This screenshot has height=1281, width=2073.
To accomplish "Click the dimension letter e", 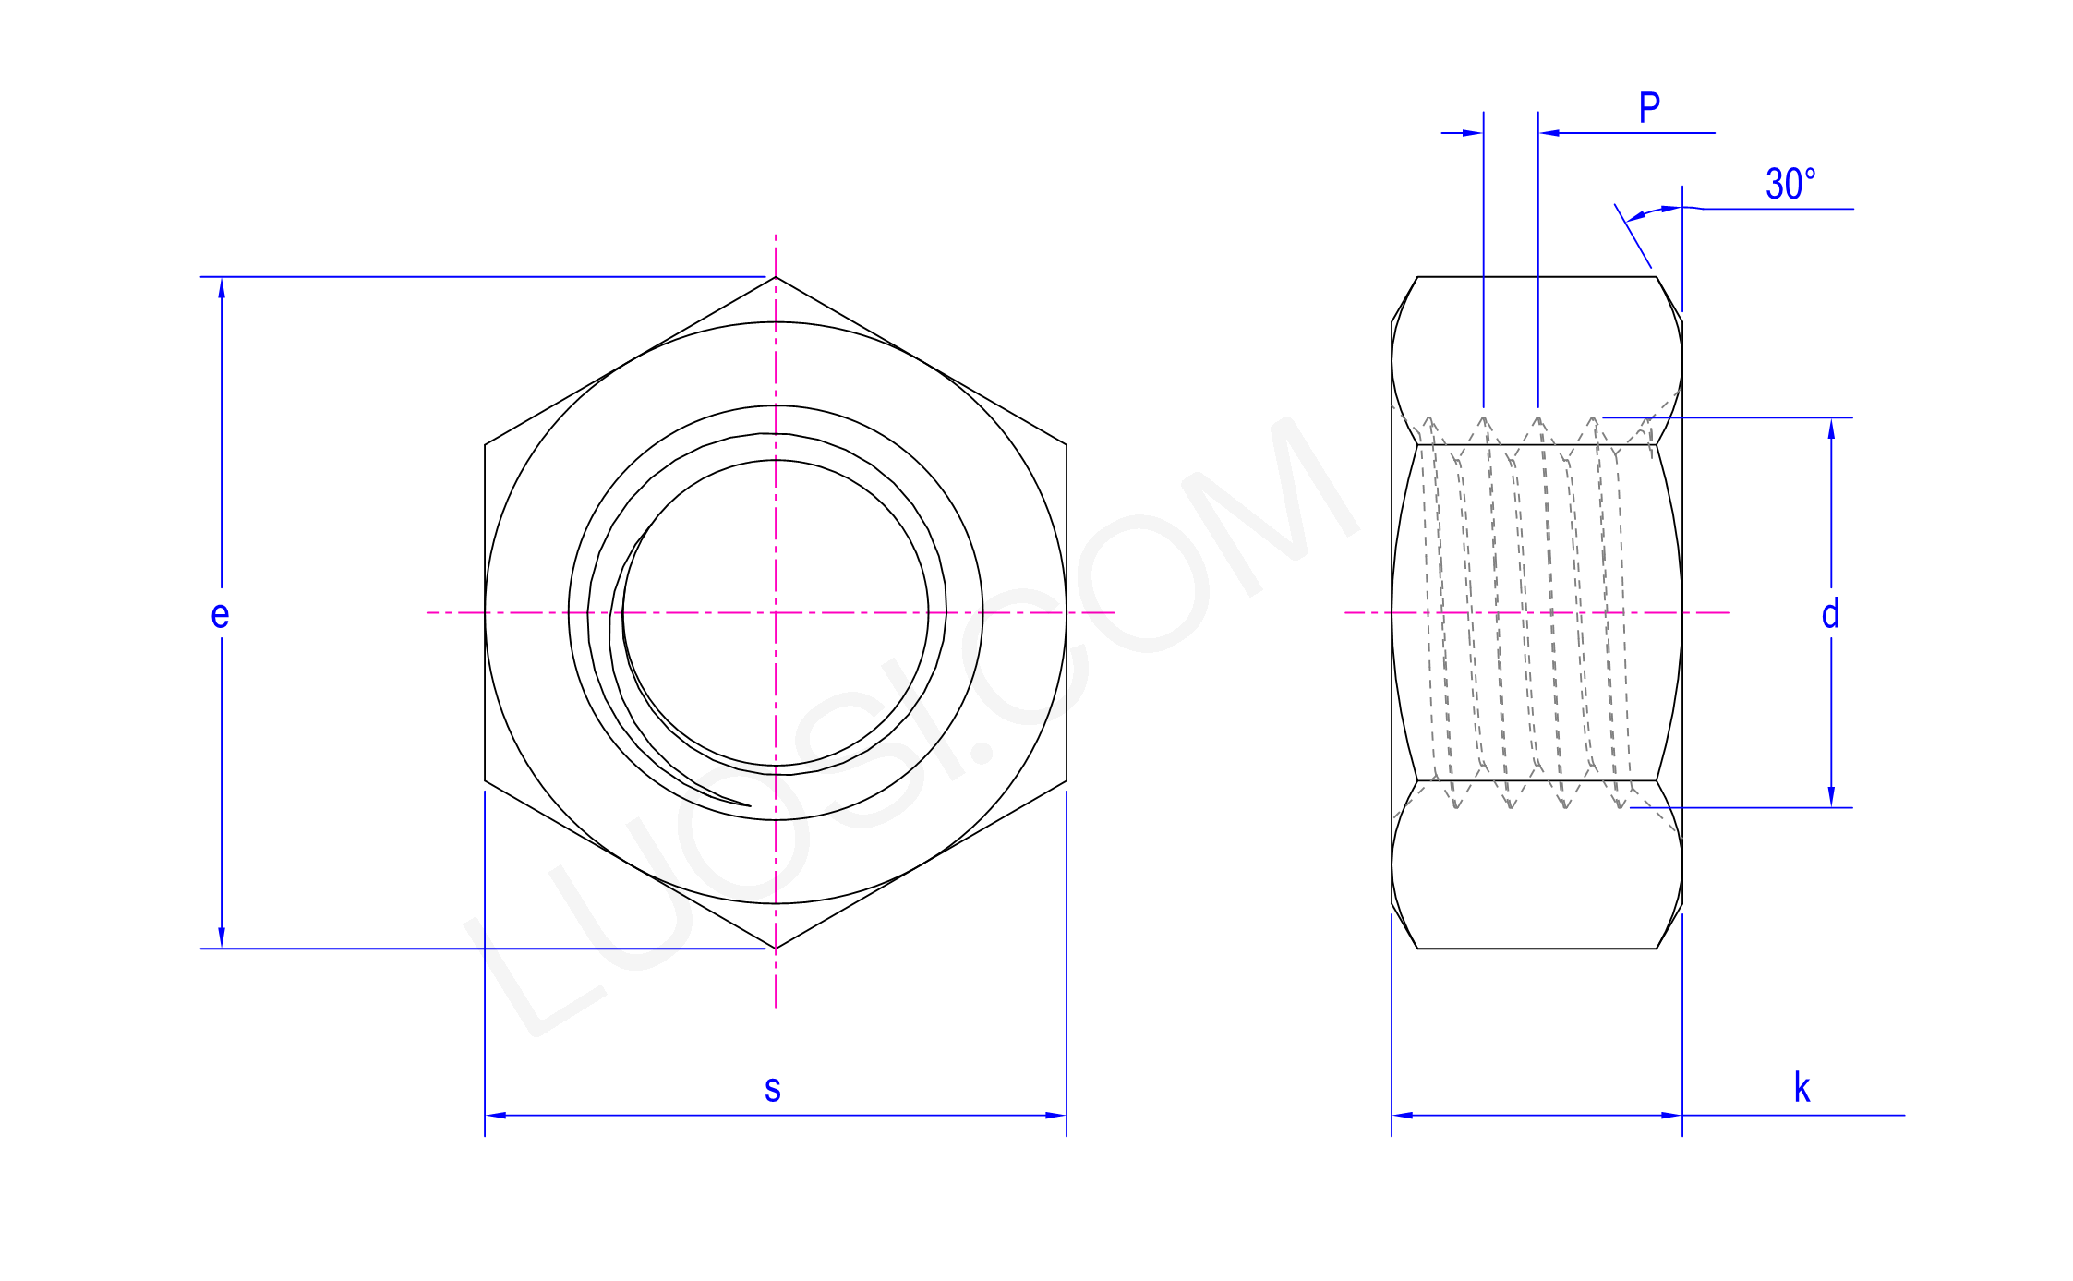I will coord(220,615).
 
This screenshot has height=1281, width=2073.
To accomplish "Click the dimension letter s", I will coord(773,1089).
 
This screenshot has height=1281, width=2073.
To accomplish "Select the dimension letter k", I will coord(1802,1088).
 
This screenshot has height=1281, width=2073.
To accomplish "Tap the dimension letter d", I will coord(1830,614).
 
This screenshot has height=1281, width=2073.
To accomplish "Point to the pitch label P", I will coord(1649,108).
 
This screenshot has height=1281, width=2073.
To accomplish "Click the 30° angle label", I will coord(1790,184).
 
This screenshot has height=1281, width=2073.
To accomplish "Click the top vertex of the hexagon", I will coord(776,277).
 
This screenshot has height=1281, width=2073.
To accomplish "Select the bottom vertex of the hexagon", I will coord(776,949).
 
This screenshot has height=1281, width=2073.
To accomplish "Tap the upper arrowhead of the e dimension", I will coord(222,287).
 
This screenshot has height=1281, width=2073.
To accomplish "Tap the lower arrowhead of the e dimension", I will coord(222,938).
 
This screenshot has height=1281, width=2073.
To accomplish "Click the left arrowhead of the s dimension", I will coord(495,1116).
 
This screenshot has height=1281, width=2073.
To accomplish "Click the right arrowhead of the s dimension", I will coord(1056,1116).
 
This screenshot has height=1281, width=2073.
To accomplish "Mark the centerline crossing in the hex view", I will coord(776,612).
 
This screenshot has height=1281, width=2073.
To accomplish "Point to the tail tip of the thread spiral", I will coord(750,805).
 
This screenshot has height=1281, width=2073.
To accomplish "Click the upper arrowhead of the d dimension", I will coord(1831,428).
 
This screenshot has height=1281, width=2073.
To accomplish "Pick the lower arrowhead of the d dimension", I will coord(1831,798).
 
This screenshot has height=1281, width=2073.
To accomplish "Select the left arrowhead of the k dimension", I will coord(1402,1116).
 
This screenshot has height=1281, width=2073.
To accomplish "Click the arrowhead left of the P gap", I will coord(1474,133).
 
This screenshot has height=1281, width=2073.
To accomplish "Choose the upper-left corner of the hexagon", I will coord(485,445).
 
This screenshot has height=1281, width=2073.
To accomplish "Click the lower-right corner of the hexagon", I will coord(1067,781).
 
